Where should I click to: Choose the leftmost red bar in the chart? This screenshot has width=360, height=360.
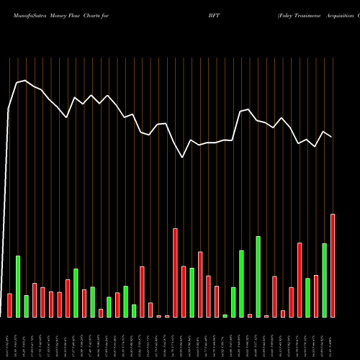(x=9, y=305)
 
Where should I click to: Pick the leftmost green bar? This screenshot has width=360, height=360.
(x=18, y=286)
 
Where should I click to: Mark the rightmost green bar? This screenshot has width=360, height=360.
(x=324, y=280)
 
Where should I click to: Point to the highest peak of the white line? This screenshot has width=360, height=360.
(x=25, y=81)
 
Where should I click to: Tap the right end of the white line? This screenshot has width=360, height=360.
(x=332, y=137)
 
